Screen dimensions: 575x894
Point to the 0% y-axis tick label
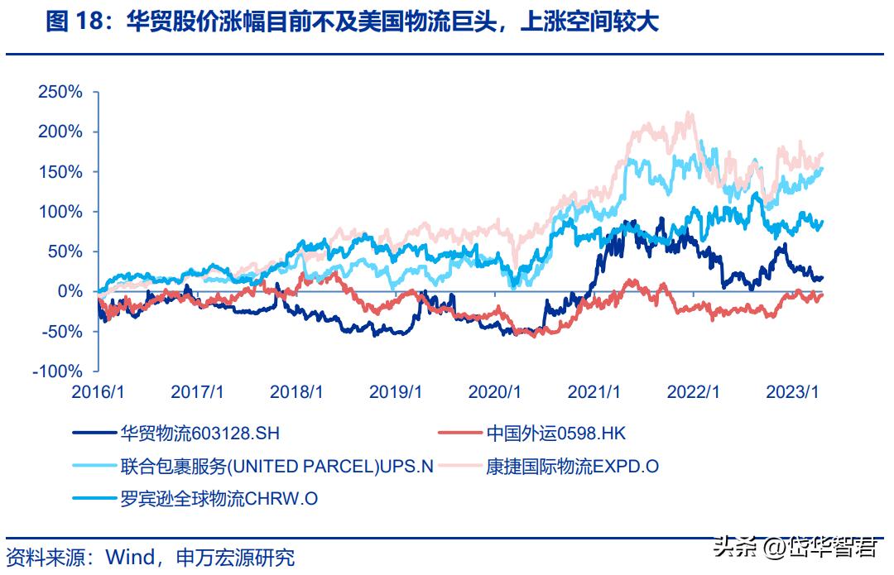click(x=70, y=292)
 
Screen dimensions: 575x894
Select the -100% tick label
click(x=59, y=372)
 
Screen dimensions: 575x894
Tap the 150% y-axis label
click(x=61, y=172)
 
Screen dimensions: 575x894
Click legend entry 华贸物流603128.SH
click(x=205, y=433)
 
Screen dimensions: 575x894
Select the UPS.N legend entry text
click(x=277, y=466)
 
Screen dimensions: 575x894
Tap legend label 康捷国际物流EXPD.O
click(x=573, y=466)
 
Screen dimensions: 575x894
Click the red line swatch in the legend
click(x=458, y=433)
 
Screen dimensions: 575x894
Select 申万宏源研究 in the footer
click(x=235, y=557)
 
